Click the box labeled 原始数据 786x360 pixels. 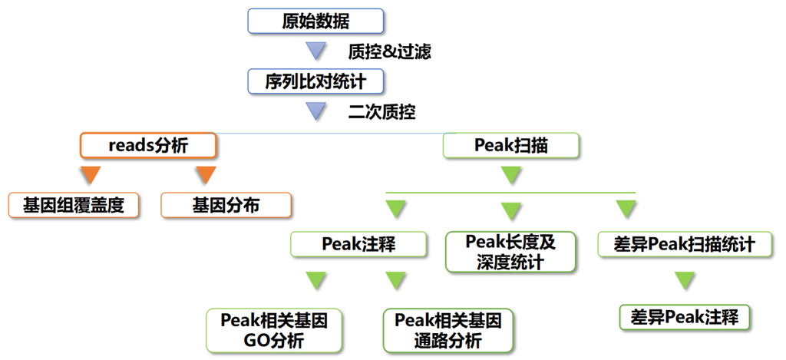pyautogui.click(x=315, y=21)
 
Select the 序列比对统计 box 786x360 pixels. pyautogui.click(x=315, y=81)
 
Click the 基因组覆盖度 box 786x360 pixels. pyautogui.click(x=74, y=205)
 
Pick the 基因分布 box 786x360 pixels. pyautogui.click(x=226, y=205)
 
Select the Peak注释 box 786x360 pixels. pyautogui.click(x=358, y=244)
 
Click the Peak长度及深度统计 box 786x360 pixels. pyautogui.click(x=510, y=252)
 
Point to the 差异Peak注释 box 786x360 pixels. pyautogui.click(x=684, y=317)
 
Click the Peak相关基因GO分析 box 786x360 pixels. pyautogui.click(x=274, y=330)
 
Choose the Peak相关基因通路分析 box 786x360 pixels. pyautogui.click(x=448, y=330)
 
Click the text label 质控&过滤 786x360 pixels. pyautogui.click(x=389, y=52)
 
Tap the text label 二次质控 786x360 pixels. pyautogui.click(x=381, y=112)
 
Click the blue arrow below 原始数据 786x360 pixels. pyautogui.click(x=316, y=51)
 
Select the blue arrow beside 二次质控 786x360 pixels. pyautogui.click(x=316, y=111)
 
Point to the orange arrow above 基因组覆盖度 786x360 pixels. pyautogui.click(x=91, y=175)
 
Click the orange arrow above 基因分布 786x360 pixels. pyautogui.click(x=205, y=175)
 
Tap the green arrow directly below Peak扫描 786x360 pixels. pyautogui.click(x=511, y=175)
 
